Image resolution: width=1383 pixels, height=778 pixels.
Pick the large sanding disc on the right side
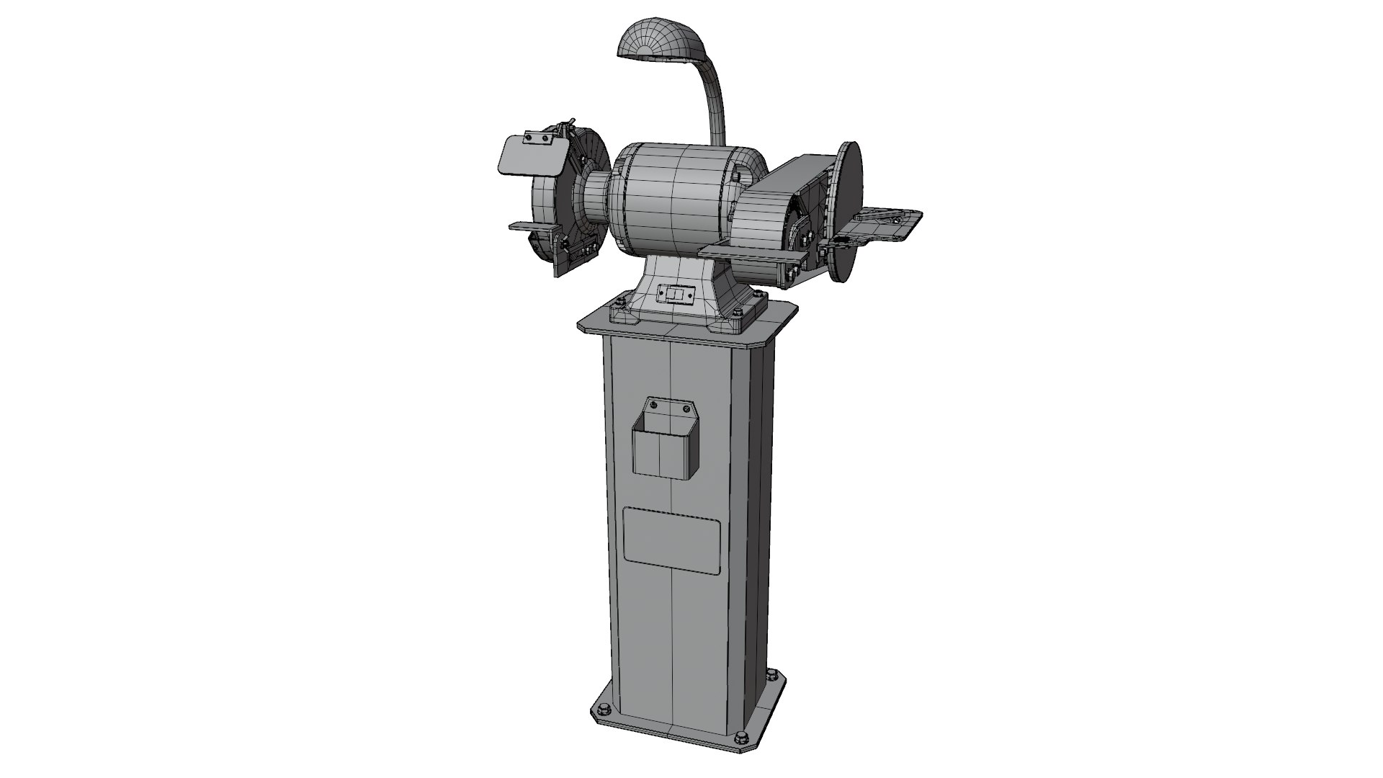coord(850,209)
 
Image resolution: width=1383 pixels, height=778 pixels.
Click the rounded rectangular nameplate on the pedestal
coord(671,540)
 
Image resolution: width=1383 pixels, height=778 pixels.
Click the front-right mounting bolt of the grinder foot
coord(737,311)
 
